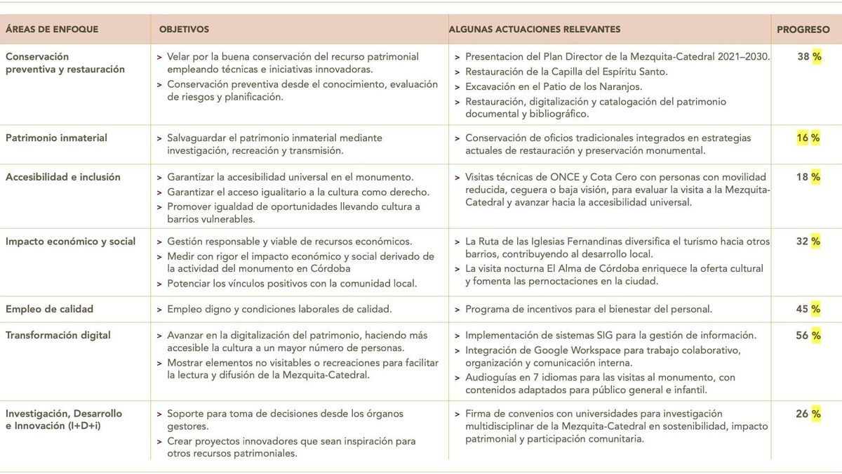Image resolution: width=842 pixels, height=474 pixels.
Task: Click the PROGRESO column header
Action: point(803,29)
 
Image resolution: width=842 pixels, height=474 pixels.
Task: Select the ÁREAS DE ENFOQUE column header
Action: point(52,29)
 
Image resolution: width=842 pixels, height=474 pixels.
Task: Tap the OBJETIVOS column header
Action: point(184,29)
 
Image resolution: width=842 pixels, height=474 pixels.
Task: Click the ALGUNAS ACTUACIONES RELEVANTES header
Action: point(535,29)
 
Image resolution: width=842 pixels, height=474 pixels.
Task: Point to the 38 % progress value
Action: point(808,57)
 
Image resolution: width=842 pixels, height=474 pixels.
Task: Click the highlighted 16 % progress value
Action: point(808,138)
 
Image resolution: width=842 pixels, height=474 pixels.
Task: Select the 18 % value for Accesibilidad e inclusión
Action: point(808,178)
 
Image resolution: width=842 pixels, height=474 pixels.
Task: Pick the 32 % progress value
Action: point(808,242)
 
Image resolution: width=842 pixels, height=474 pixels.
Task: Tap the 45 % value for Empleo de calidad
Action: point(808,309)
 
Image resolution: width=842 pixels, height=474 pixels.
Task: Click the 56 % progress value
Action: point(808,336)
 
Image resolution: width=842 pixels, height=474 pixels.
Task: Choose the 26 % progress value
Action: point(808,414)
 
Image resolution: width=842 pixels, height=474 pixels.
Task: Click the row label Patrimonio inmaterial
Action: point(56,138)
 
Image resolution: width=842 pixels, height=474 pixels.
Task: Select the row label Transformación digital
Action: point(58,336)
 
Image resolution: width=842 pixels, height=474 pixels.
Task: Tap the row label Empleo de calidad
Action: point(49,309)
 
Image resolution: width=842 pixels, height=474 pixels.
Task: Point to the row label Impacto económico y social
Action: point(70,242)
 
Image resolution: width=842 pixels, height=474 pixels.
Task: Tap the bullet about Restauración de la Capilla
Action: point(566,72)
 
